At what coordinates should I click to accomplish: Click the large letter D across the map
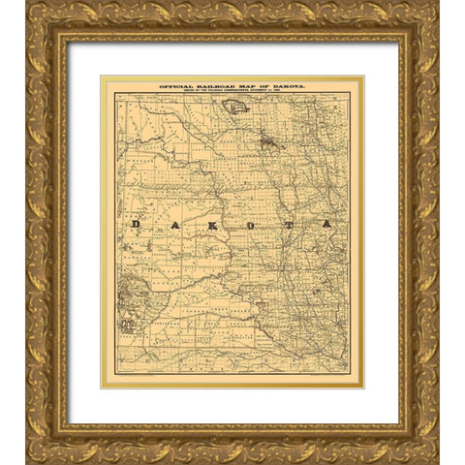pos(137,224)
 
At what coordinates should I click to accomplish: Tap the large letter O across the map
pos(249,224)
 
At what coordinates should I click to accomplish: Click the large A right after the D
pos(171,224)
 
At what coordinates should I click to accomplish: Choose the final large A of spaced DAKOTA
pos(326,224)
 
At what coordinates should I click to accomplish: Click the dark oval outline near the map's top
pos(236,107)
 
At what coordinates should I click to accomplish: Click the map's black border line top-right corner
pos(350,93)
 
